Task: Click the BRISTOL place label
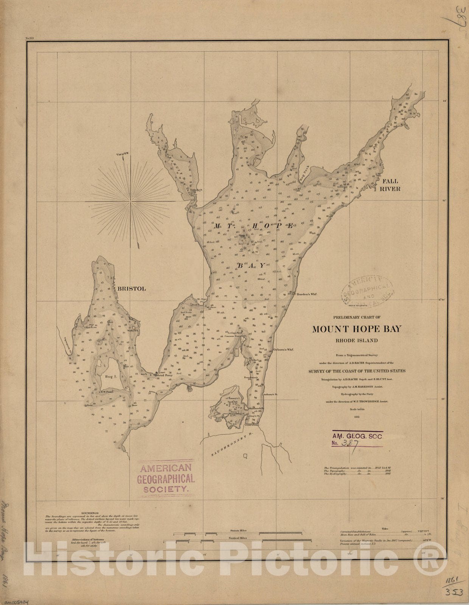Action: click(132, 289)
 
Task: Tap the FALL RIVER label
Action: click(390, 185)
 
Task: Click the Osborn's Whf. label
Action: click(283, 350)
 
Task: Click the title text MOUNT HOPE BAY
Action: click(357, 329)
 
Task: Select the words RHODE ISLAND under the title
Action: click(357, 340)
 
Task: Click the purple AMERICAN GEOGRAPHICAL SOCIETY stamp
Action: click(166, 479)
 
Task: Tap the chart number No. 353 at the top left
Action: click(30, 38)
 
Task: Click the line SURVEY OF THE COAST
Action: click(357, 371)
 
